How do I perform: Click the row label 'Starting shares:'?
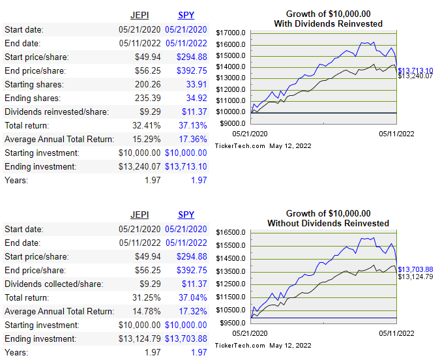point(34,84)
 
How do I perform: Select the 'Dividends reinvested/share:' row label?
point(57,112)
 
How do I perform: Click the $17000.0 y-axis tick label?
point(231,33)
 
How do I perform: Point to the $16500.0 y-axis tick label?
point(231,233)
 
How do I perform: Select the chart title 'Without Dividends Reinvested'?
point(328,224)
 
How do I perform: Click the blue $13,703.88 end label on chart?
point(416,269)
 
